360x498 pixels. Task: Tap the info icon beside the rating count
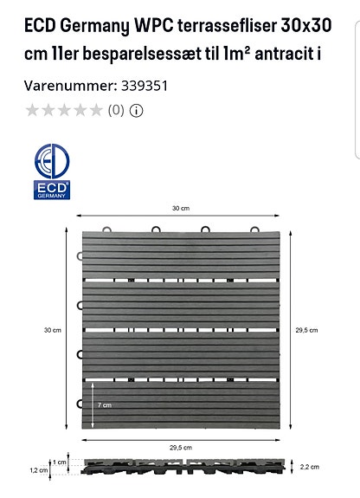[137, 110]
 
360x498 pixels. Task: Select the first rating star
[33, 110]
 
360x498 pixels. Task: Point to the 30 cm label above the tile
[180, 209]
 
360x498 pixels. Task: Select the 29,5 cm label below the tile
[180, 447]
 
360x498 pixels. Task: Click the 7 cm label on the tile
[104, 405]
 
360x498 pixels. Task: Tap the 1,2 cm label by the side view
[38, 470]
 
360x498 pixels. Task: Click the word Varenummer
[66, 86]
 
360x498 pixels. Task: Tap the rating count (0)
[116, 110]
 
